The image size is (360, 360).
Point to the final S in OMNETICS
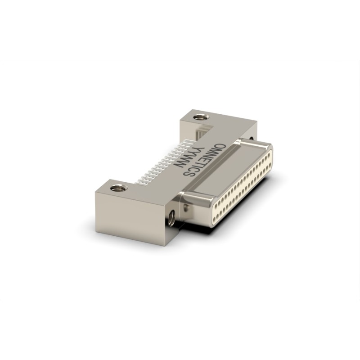coord(188,173)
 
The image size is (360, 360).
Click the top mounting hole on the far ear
coord(201,117)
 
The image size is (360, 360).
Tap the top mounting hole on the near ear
coord(119,188)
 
